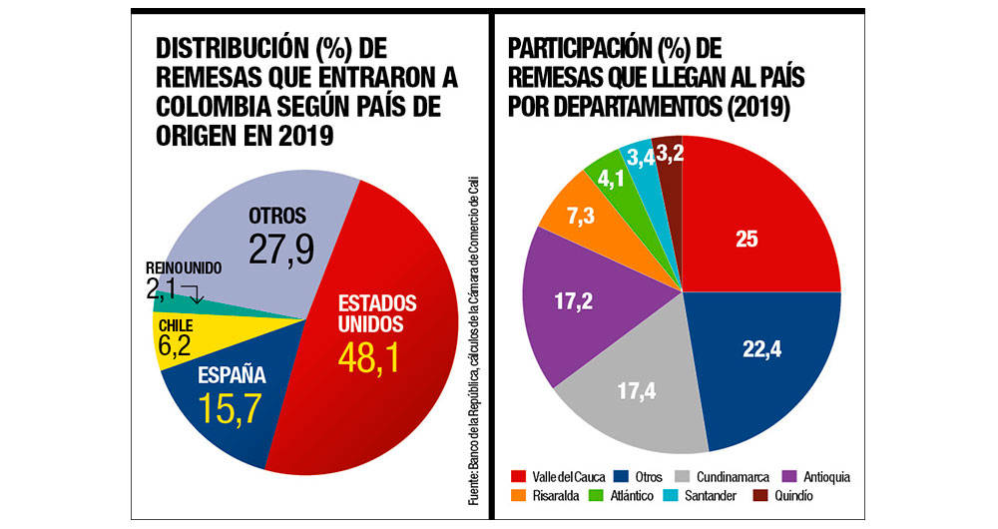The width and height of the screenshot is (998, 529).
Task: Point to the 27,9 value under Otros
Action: coord(281,249)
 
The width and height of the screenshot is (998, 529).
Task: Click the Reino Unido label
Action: coord(183,268)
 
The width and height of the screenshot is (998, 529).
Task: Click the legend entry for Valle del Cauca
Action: coord(559,476)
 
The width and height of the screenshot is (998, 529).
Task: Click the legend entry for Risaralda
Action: coord(549,495)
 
